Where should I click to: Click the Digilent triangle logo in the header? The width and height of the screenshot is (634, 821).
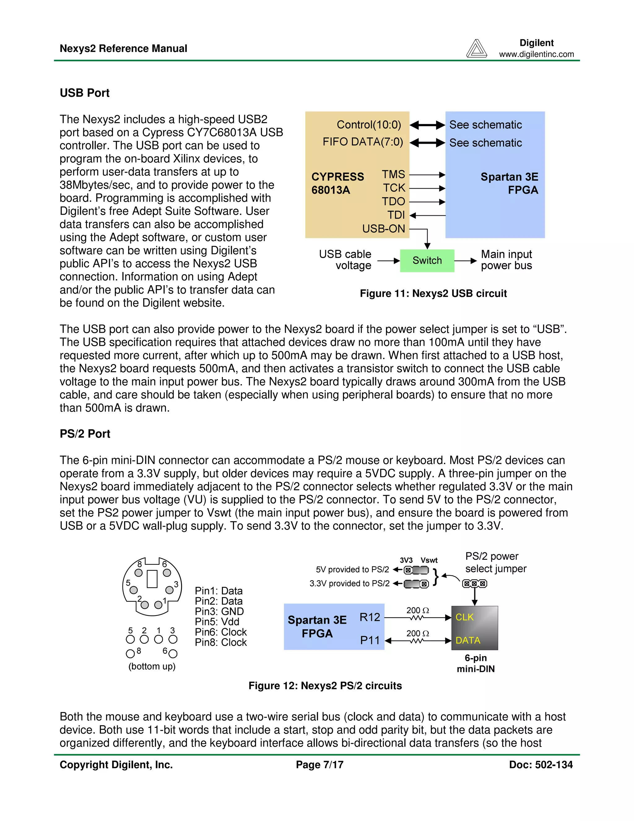coord(476,49)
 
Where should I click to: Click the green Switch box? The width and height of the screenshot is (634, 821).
coord(427,261)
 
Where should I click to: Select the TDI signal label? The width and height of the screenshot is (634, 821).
coord(396,215)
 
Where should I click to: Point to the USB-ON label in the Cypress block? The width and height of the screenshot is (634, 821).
coord(384,229)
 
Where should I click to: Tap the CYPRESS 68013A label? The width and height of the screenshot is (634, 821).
coord(337,183)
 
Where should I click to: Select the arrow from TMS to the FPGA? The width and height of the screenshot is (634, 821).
coord(427,175)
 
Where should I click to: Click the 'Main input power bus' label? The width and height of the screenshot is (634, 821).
coord(506,260)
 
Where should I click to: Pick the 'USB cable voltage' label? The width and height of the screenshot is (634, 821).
coord(345,260)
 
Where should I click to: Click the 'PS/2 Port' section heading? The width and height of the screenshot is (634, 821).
coord(85,434)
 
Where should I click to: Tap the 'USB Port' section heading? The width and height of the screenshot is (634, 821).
coord(85,93)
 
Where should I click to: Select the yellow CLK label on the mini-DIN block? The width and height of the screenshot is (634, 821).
coord(464,617)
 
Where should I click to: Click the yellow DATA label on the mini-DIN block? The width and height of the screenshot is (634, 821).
coord(468,640)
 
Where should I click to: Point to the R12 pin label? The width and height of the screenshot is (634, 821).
coord(370,617)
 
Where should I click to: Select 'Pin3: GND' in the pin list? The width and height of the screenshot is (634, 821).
coord(219,612)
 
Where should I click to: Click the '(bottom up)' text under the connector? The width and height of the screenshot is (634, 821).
coord(152,666)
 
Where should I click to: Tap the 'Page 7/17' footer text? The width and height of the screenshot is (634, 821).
coord(319,765)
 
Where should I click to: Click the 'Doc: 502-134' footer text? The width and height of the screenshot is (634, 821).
coord(541,765)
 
